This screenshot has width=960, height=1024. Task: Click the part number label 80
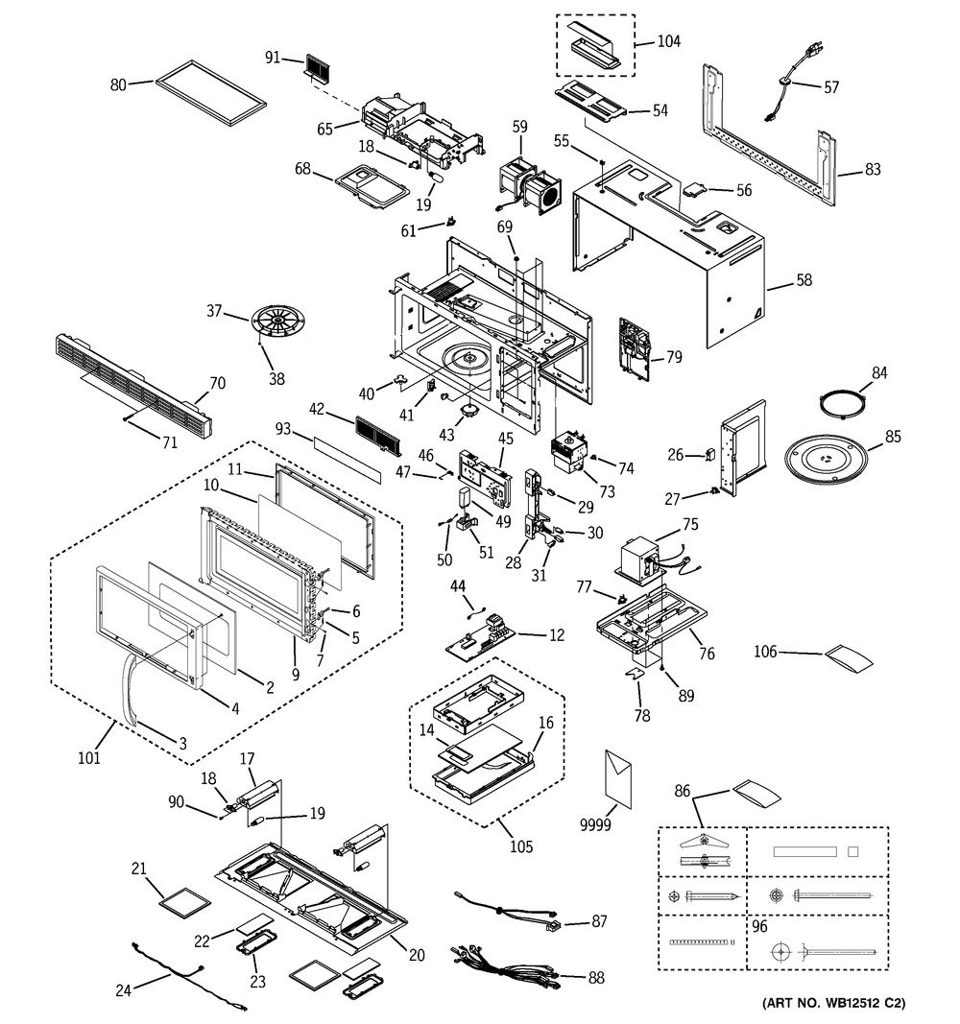tap(118, 84)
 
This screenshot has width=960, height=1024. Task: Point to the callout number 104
tap(668, 42)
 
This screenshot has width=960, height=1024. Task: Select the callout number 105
tap(520, 846)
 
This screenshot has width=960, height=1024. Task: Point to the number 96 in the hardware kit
tap(759, 928)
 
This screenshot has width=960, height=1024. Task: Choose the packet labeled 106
tap(851, 659)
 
